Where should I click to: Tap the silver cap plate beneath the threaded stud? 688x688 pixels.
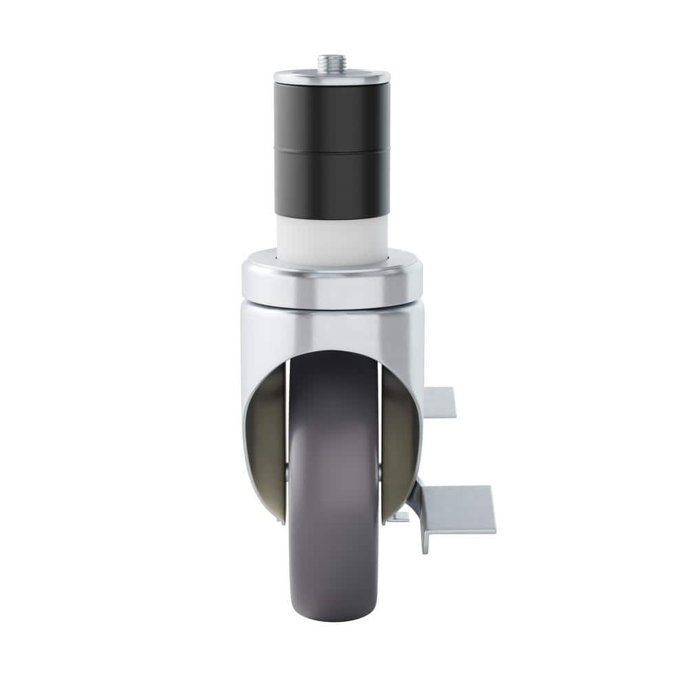click(x=332, y=77)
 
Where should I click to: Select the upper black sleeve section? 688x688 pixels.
click(x=332, y=114)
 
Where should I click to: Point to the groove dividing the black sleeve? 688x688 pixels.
click(x=332, y=147)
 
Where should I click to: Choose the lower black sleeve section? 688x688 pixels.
click(x=332, y=180)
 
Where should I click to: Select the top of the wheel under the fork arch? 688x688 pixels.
click(x=334, y=361)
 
